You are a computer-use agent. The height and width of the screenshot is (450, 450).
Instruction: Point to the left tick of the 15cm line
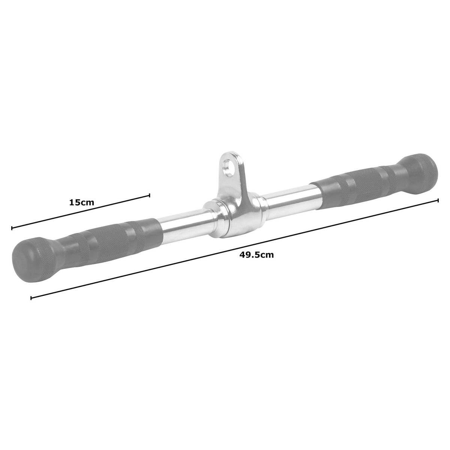click(12, 228)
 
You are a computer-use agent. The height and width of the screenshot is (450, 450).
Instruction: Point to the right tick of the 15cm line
click(150, 195)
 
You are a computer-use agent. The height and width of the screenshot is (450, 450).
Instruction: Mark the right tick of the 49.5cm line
click(438, 201)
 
